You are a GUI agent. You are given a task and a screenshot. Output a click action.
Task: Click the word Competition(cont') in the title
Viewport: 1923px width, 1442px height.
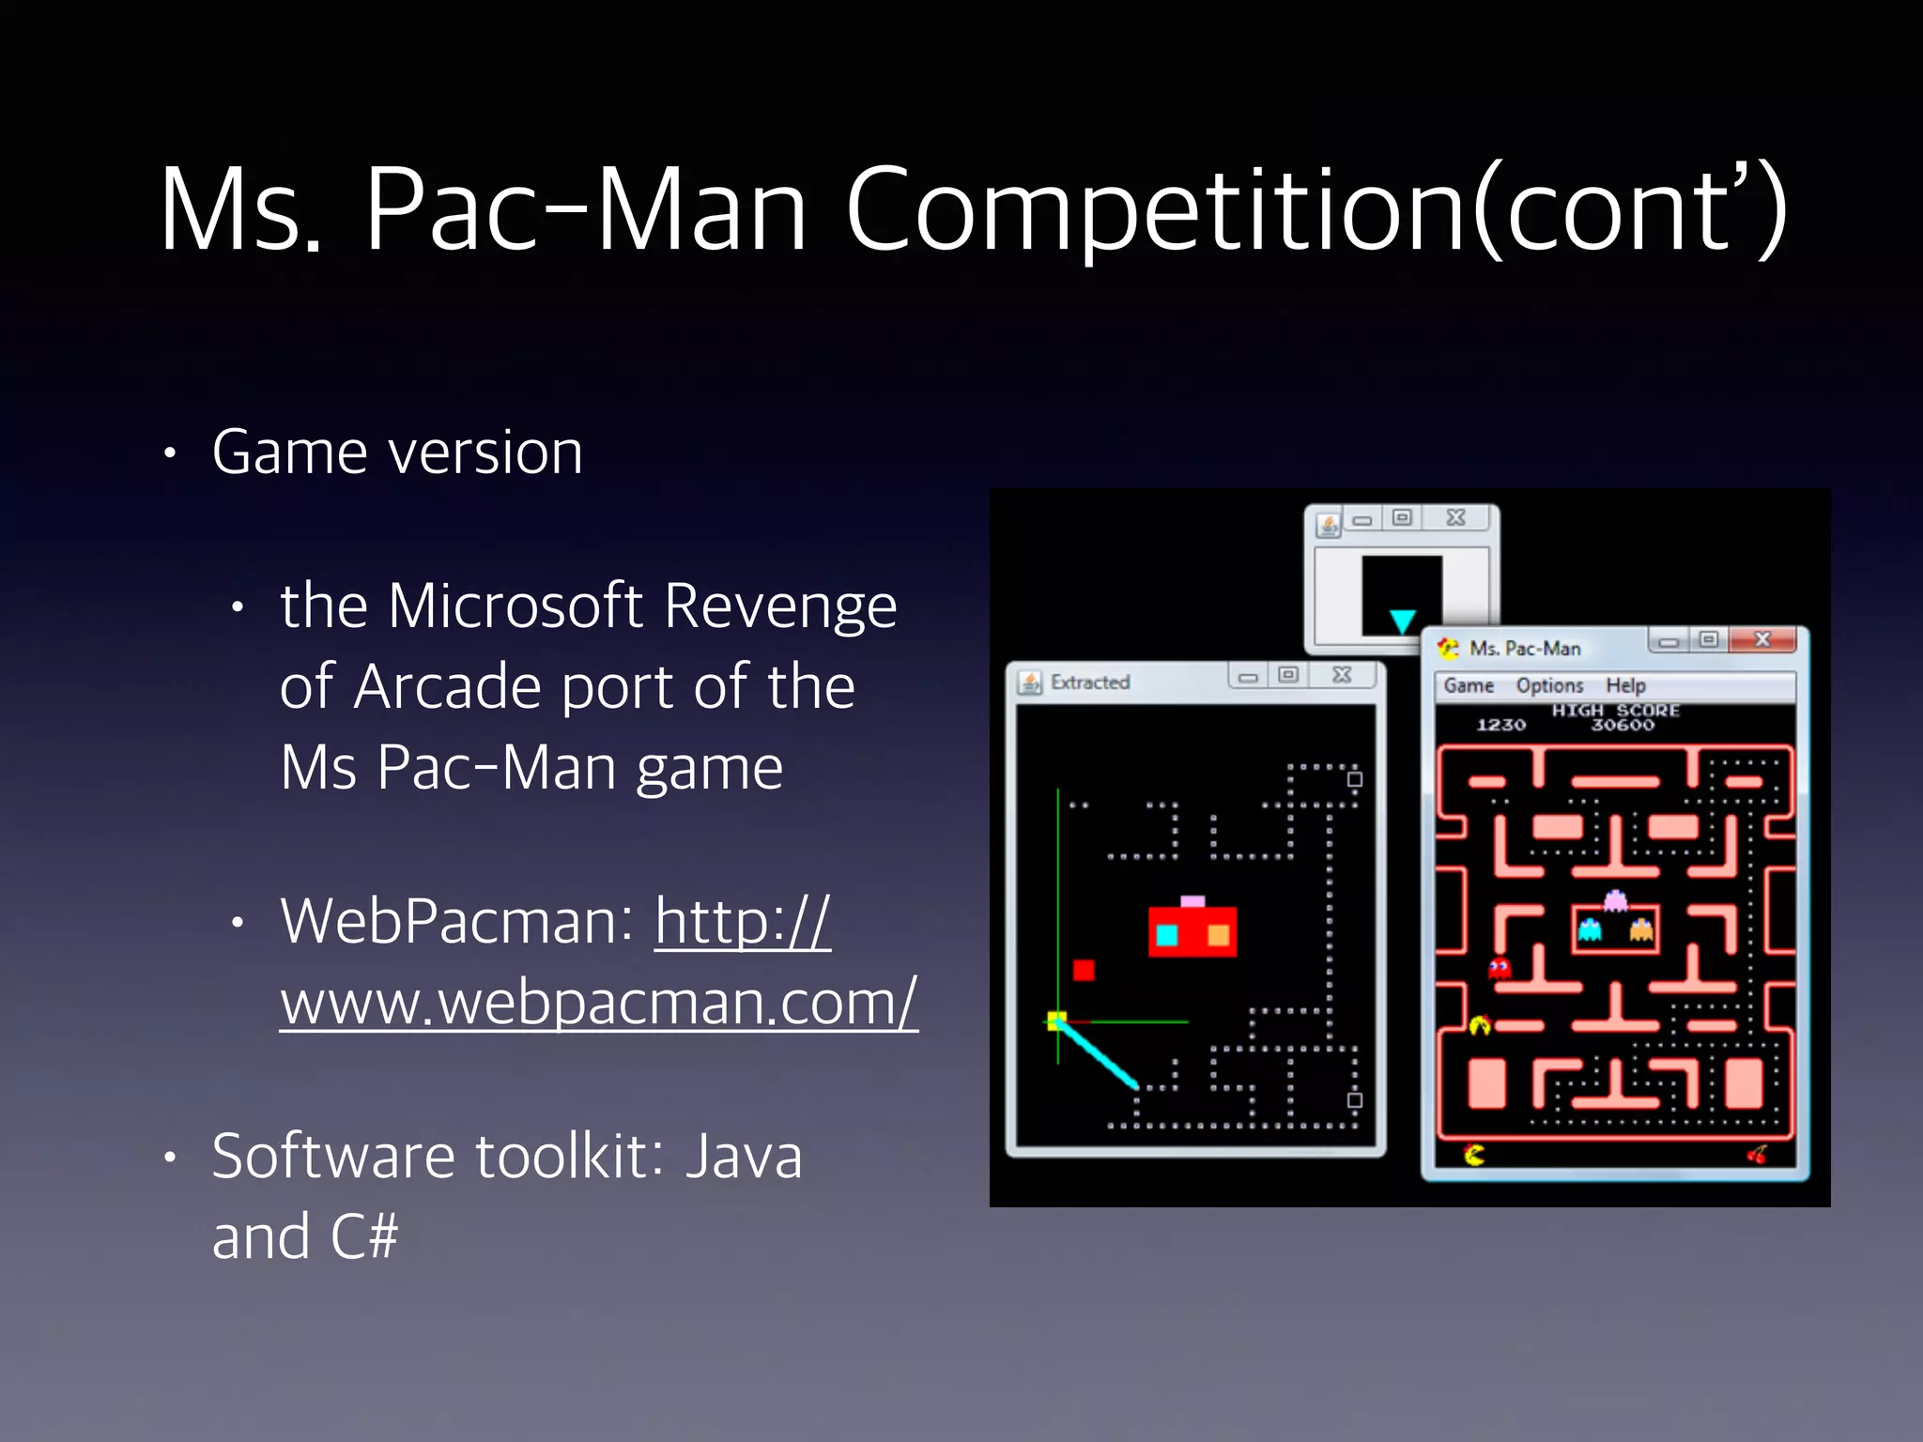tap(1315, 210)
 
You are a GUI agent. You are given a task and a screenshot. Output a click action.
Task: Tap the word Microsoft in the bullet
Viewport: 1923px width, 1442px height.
tap(515, 606)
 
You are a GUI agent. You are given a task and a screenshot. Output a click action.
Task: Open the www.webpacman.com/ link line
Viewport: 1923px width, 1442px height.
tap(598, 1003)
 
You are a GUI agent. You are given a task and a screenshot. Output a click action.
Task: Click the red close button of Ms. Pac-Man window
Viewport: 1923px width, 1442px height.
tap(1762, 640)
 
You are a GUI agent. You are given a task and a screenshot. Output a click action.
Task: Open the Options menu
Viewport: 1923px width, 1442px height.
tap(1549, 685)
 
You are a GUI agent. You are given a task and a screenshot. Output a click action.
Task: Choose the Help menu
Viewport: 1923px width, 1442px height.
tap(1625, 685)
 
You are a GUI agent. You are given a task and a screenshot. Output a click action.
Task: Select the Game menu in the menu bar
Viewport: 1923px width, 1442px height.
tap(1469, 685)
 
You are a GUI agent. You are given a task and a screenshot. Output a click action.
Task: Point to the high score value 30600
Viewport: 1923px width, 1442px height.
tap(1622, 725)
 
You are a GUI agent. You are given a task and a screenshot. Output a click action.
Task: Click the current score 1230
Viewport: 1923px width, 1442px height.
tap(1500, 725)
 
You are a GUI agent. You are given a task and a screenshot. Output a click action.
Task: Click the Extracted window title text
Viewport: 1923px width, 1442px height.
tap(1090, 683)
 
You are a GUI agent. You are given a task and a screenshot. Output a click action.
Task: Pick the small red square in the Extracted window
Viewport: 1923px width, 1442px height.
tap(1084, 970)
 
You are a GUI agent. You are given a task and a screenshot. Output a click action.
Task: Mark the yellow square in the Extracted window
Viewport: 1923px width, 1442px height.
tap(1057, 1020)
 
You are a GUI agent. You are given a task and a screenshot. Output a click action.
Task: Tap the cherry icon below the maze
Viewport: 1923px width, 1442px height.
tap(1757, 1154)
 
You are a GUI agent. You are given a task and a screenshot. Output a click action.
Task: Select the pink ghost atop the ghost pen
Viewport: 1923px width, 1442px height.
tap(1615, 900)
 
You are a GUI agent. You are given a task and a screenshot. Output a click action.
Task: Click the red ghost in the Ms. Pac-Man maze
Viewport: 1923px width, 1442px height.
tap(1500, 968)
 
